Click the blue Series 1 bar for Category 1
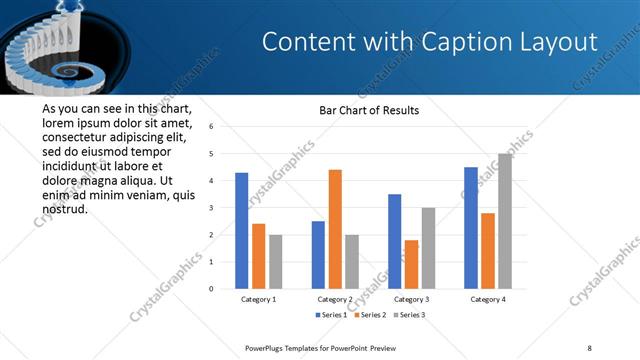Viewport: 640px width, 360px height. click(x=241, y=231)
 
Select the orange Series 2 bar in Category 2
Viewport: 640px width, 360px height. click(x=335, y=229)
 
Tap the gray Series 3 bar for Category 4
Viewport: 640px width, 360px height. click(x=504, y=221)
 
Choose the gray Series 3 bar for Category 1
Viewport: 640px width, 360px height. click(x=275, y=261)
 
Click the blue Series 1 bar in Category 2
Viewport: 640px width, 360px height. click(x=318, y=255)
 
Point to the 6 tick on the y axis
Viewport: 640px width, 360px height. click(x=211, y=127)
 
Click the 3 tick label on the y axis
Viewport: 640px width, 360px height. click(x=211, y=208)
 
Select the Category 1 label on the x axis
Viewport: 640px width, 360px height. click(x=258, y=299)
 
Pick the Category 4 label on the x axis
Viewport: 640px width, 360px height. click(x=488, y=299)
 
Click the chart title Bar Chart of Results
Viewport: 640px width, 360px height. click(x=369, y=110)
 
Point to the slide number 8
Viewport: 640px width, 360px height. click(x=589, y=347)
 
